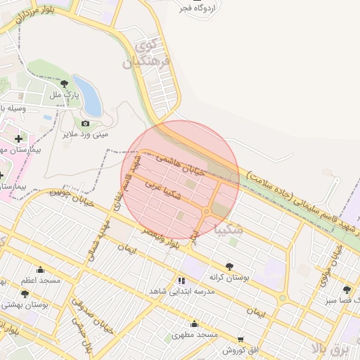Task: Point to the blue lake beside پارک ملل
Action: (88, 95)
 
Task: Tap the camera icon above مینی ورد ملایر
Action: (86, 124)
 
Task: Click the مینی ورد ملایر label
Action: (85, 133)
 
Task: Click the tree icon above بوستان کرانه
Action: (229, 266)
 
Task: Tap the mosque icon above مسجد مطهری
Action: (195, 324)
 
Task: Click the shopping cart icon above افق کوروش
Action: (240, 339)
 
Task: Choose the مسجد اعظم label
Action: (41, 280)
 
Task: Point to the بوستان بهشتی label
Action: (25, 304)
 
